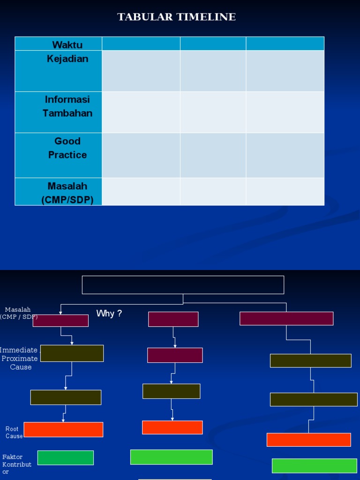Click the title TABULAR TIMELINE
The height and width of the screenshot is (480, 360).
click(176, 17)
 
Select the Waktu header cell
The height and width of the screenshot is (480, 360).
click(67, 45)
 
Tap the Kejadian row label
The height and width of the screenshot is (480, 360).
click(67, 59)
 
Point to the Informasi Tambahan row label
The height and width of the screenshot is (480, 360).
click(67, 106)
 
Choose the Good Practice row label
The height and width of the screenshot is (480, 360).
click(67, 148)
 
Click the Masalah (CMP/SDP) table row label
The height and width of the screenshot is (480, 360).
click(67, 193)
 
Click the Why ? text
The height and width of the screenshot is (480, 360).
click(109, 314)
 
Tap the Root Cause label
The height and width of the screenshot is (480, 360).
click(13, 432)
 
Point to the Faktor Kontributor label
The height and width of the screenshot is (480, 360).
click(16, 464)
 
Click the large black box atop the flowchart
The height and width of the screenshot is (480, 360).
click(183, 285)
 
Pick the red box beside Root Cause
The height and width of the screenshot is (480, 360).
click(63, 429)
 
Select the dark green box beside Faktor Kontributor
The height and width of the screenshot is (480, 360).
click(66, 457)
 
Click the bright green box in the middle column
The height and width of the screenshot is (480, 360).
click(171, 457)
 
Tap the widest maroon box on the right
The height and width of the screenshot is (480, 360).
click(286, 318)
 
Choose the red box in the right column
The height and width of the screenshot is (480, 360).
click(308, 440)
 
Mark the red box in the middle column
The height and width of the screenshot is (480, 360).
click(172, 427)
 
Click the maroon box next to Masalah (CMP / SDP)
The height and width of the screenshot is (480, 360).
click(60, 321)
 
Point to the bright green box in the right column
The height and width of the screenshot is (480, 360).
click(314, 465)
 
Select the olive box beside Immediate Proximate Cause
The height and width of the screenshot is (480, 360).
click(72, 353)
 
